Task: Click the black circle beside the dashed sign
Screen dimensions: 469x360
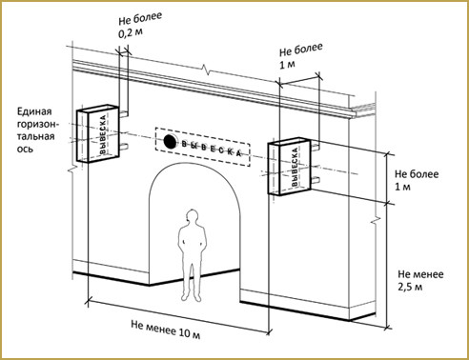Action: click(x=170, y=142)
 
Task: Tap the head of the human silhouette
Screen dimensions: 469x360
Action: click(x=192, y=217)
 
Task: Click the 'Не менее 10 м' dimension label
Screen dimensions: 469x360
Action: click(x=166, y=330)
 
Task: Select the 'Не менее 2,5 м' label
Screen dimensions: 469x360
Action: click(x=420, y=280)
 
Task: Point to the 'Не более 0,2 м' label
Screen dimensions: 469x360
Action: click(x=140, y=26)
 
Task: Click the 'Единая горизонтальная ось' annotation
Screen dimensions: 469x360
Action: click(x=36, y=130)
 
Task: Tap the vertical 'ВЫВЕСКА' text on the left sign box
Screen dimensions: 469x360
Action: click(x=103, y=135)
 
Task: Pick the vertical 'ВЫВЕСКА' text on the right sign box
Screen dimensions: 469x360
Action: click(x=295, y=167)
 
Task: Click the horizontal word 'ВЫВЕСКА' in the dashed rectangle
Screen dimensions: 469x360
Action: click(x=212, y=149)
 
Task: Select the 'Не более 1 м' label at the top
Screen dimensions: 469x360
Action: click(x=300, y=56)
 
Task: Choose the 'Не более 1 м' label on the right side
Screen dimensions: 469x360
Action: click(x=417, y=180)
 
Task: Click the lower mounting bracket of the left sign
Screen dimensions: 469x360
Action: click(x=124, y=147)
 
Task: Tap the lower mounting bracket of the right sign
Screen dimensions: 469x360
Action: click(x=315, y=181)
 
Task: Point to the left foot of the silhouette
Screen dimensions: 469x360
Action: click(x=185, y=298)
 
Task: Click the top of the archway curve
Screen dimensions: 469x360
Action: click(x=194, y=165)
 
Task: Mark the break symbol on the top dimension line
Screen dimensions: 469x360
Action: click(x=206, y=69)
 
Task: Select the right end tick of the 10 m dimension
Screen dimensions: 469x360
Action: click(x=269, y=332)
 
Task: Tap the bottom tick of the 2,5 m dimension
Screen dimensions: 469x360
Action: click(x=387, y=327)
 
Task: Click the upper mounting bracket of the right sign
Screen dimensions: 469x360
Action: click(x=315, y=146)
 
